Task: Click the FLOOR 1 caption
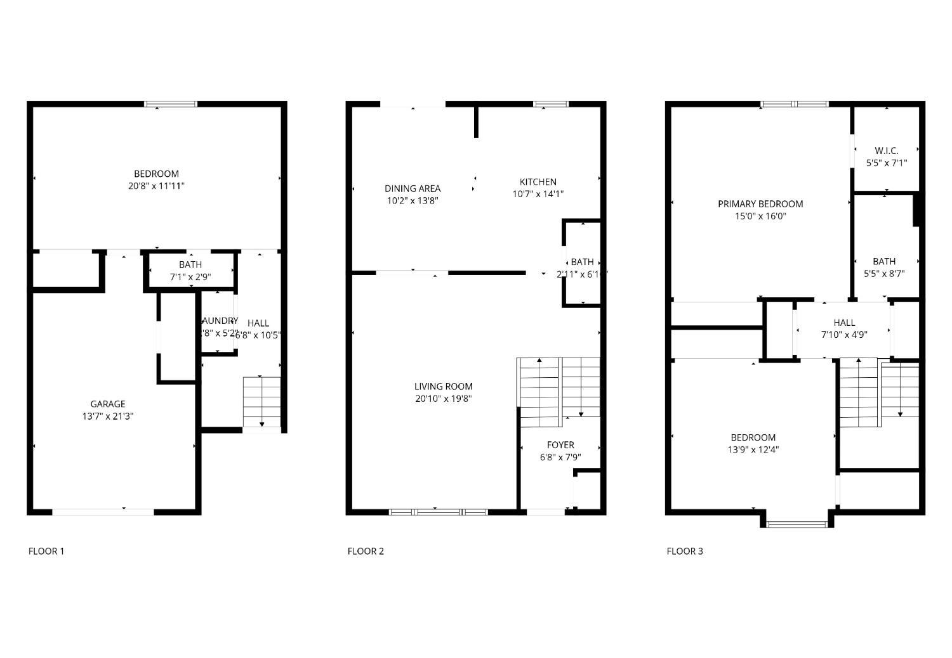46,551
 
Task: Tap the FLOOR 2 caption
366,551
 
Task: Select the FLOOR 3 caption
685,551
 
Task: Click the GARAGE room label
108,404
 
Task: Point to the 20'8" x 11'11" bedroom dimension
156,186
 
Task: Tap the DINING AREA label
413,188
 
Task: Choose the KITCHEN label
538,182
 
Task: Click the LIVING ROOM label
443,386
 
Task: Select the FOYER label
560,445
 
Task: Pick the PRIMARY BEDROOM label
760,203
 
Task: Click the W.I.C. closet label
886,150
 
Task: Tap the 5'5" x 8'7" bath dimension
884,274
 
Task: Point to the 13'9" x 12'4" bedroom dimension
753,450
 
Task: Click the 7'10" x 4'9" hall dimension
844,335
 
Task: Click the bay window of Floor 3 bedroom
797,524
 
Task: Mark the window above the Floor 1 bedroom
171,104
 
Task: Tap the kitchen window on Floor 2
550,104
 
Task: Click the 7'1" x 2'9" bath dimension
190,277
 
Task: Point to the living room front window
438,512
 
